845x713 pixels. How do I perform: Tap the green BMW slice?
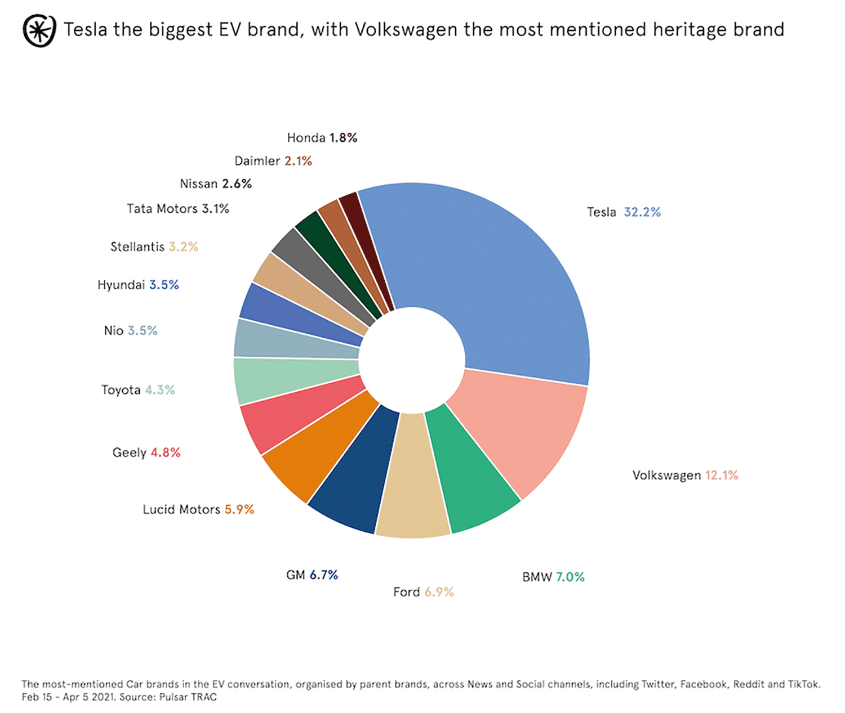point(473,478)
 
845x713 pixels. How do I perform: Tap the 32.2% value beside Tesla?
point(642,212)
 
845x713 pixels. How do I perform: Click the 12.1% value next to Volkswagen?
point(722,476)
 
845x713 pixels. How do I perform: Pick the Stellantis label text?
point(137,247)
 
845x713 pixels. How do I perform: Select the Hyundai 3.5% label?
point(138,285)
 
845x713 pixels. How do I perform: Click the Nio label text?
point(113,331)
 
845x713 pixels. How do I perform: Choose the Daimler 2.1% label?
point(273,161)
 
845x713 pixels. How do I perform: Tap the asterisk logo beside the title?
point(39,30)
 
